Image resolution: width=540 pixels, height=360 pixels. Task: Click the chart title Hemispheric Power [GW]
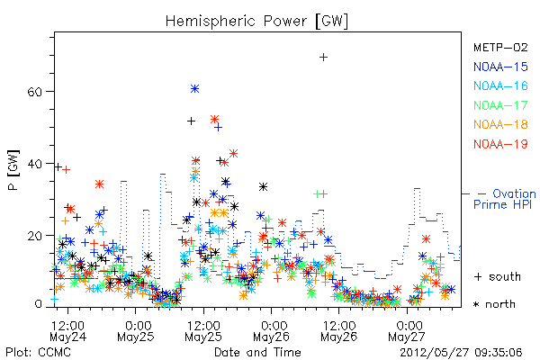pos(256,22)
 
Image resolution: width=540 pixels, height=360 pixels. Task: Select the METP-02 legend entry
pos(500,48)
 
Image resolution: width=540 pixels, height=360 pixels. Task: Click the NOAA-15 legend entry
pos(500,67)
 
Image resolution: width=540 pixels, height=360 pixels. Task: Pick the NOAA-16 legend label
pos(500,85)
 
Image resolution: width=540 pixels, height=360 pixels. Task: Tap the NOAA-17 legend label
pos(500,105)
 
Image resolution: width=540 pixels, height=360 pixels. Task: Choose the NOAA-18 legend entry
pos(500,124)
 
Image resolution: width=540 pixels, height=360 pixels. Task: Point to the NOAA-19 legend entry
pos(500,144)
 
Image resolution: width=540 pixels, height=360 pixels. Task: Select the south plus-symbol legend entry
pos(498,276)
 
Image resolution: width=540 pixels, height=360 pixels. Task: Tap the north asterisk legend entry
pos(494,304)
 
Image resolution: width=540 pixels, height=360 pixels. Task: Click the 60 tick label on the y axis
pos(34,92)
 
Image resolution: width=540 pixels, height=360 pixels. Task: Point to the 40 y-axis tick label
pos(34,164)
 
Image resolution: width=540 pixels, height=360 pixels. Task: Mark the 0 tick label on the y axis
pos(38,304)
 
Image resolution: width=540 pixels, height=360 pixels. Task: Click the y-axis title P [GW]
pos(13,170)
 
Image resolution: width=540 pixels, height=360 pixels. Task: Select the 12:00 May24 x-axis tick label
pos(67,331)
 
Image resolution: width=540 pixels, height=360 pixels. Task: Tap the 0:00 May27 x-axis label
pos(407,331)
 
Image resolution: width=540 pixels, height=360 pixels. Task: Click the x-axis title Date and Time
pos(257,353)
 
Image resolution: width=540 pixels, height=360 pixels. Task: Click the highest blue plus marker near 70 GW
pos(323,58)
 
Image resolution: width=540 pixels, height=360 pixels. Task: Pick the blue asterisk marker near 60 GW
pos(194,89)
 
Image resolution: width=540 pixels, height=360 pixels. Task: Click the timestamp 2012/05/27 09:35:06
pos(461,353)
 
